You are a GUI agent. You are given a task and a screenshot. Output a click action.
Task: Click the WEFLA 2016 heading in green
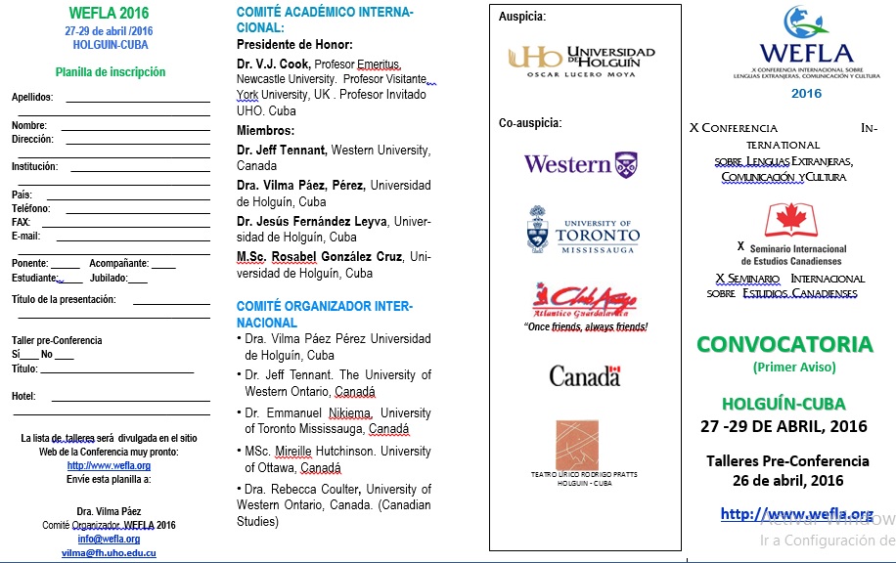tap(110, 13)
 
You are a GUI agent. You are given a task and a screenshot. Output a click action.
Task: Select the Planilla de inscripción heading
tap(110, 71)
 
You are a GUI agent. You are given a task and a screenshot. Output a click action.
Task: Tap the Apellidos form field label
tap(32, 97)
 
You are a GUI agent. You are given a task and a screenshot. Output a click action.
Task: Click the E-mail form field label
tap(26, 236)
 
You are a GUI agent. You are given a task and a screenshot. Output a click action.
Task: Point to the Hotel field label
tap(23, 396)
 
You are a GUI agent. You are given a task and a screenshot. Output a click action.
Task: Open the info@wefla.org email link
tap(109, 539)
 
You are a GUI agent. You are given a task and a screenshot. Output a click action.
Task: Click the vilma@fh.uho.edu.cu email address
tap(109, 553)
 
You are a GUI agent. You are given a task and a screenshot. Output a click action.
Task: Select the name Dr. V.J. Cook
tap(274, 63)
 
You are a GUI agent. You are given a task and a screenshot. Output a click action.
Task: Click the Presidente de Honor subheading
tap(294, 44)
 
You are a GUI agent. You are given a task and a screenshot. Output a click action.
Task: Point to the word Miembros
tap(265, 130)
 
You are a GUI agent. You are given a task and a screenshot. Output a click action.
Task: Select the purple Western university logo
tap(580, 163)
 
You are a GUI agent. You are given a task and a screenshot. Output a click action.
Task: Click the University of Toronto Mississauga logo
tap(582, 232)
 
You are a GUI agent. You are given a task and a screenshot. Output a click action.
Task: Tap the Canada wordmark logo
tap(584, 375)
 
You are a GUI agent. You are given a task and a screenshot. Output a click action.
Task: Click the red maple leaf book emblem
tap(791, 221)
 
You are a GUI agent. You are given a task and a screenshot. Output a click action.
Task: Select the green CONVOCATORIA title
tap(784, 344)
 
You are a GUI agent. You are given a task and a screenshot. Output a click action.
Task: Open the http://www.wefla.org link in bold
tap(796, 514)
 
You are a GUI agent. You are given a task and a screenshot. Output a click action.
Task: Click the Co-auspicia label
tap(530, 123)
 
